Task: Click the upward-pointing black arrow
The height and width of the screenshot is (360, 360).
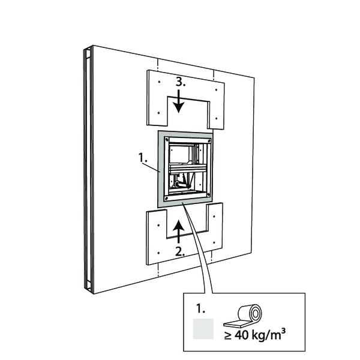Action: [178, 232]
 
